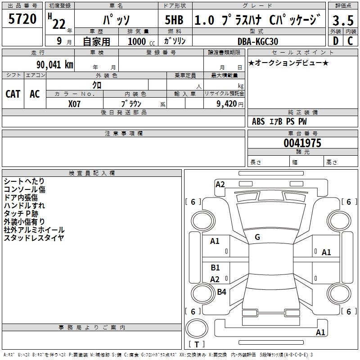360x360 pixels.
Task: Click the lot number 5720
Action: [x=22, y=19]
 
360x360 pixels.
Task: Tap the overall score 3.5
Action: [x=343, y=20]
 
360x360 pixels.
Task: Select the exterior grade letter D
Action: [x=335, y=41]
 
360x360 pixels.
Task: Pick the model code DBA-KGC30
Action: [x=258, y=41]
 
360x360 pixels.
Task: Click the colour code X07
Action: [x=75, y=103]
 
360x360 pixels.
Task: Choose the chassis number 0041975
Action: [x=302, y=143]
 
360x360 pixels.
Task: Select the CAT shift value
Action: [x=13, y=94]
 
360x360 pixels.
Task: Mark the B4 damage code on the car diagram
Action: [x=221, y=292]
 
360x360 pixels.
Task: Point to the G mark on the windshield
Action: [x=257, y=237]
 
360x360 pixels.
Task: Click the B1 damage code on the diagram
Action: [x=215, y=268]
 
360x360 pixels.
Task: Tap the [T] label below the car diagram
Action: [x=197, y=345]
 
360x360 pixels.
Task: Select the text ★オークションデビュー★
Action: [x=288, y=63]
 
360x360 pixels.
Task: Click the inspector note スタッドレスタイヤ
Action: [x=34, y=238]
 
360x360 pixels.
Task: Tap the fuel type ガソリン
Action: [x=175, y=41]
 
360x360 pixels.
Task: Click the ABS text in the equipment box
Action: [x=258, y=121]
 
